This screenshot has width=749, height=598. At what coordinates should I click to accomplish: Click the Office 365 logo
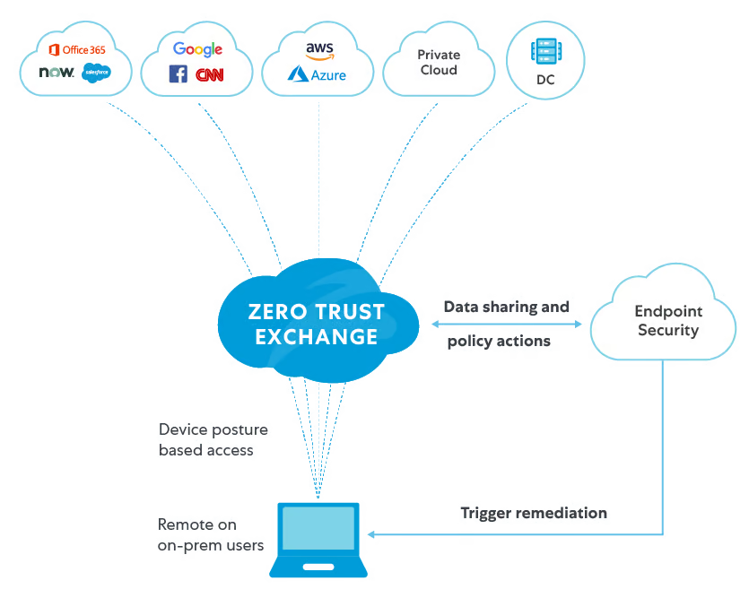point(77,49)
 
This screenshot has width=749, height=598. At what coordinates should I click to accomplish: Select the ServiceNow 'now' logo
point(57,73)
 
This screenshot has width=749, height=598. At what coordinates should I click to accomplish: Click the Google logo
point(197,49)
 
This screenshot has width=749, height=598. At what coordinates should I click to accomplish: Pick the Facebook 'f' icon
point(179,74)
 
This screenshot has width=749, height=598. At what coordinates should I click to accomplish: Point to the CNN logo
point(210,75)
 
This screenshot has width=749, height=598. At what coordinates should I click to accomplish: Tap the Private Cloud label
point(439,63)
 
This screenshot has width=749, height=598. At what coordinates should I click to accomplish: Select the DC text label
point(545,80)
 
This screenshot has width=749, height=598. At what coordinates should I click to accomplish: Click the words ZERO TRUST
point(317,313)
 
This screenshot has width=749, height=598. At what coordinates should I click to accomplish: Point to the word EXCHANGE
point(317,337)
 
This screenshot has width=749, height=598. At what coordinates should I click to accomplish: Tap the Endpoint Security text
point(668,321)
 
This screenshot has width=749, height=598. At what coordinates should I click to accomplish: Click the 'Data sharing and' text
point(507,308)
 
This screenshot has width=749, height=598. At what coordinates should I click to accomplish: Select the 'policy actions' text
point(499,342)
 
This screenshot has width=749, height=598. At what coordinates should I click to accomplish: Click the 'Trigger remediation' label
point(535,515)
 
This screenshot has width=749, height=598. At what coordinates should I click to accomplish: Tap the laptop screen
point(318,529)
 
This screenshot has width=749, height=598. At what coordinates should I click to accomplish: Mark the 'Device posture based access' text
point(213,440)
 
